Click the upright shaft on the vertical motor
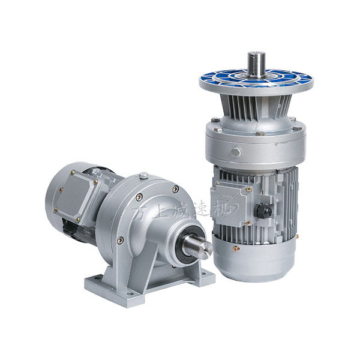pos(256,64)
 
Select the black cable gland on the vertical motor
pos(262,212)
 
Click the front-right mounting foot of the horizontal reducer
pos(205,278)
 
